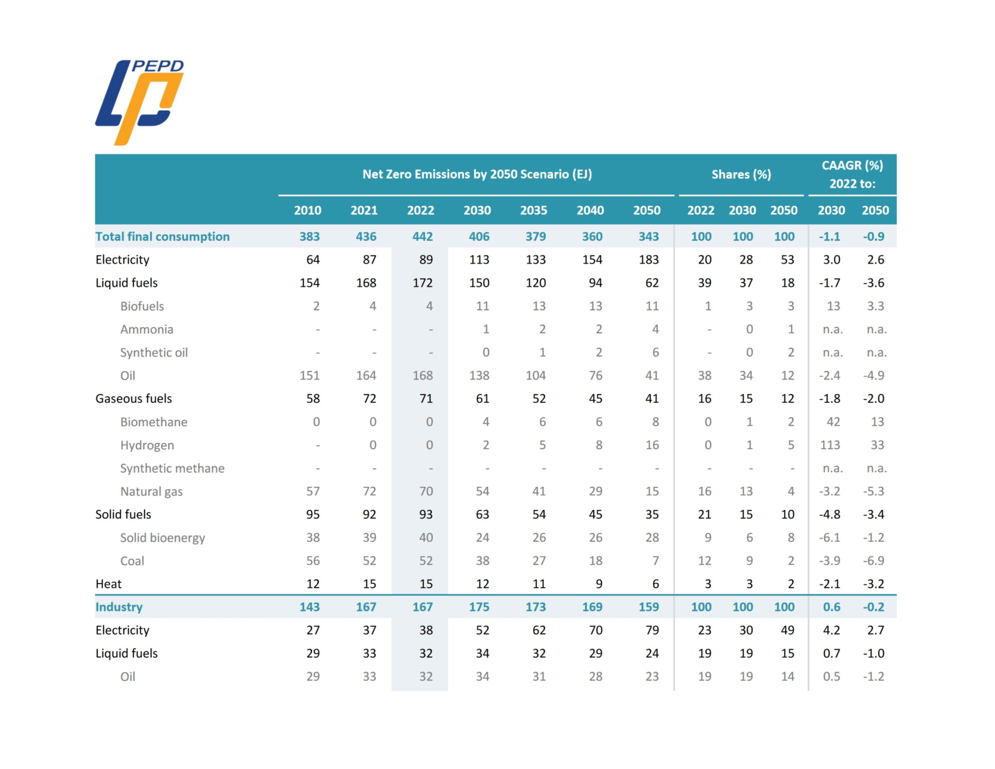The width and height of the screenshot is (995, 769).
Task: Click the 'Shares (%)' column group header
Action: pyautogui.click(x=741, y=174)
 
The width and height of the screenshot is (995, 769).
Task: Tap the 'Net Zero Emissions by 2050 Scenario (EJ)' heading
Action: pyautogui.click(x=477, y=174)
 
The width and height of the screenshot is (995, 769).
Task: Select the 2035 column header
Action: pyautogui.click(x=534, y=210)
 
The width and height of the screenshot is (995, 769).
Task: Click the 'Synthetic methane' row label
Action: pyautogui.click(x=172, y=468)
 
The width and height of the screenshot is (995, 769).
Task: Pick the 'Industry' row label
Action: pyautogui.click(x=119, y=607)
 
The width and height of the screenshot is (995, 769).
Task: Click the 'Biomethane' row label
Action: pyautogui.click(x=154, y=422)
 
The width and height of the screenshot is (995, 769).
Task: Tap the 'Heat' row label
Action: pyautogui.click(x=108, y=584)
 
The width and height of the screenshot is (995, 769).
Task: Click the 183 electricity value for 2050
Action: pyautogui.click(x=648, y=259)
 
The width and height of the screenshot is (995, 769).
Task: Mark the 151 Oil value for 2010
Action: pyautogui.click(x=309, y=375)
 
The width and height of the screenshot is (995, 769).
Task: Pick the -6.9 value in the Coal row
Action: pyautogui.click(x=873, y=560)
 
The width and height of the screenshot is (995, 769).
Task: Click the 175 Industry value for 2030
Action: pyautogui.click(x=479, y=607)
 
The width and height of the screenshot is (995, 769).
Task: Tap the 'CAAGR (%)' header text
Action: pyautogui.click(x=852, y=166)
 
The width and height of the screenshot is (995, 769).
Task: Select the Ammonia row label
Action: pyautogui.click(x=146, y=329)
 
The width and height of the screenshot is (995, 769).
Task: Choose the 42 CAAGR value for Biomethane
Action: pyautogui.click(x=833, y=422)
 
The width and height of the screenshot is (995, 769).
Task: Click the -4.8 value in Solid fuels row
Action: pyautogui.click(x=830, y=514)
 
